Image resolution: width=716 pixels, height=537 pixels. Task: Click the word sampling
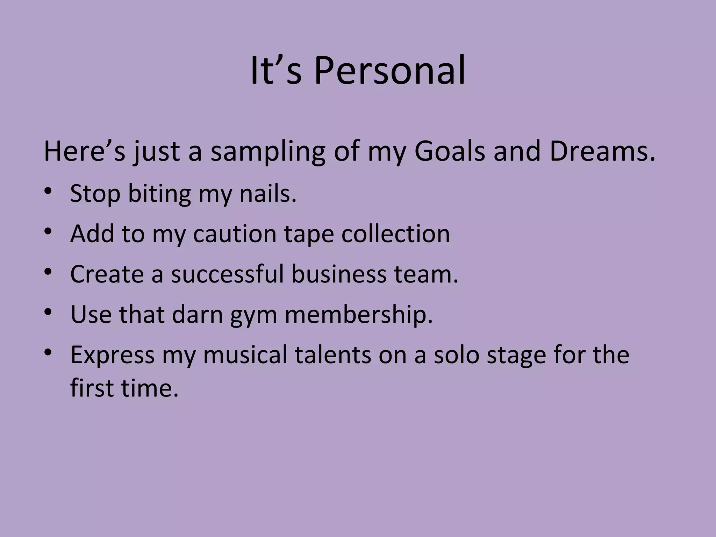point(268,152)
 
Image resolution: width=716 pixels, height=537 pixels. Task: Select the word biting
point(159,194)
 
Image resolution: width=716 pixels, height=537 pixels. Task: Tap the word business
point(339,274)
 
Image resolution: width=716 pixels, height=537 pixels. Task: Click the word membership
point(359,314)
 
